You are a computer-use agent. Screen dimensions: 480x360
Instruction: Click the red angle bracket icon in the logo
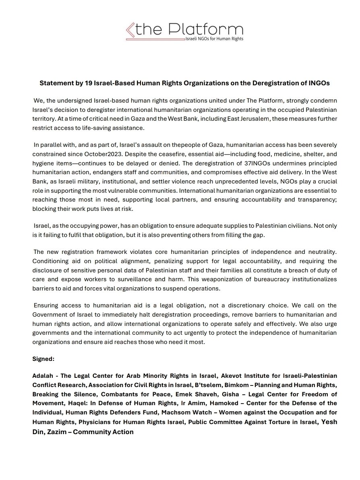coord(130,31)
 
